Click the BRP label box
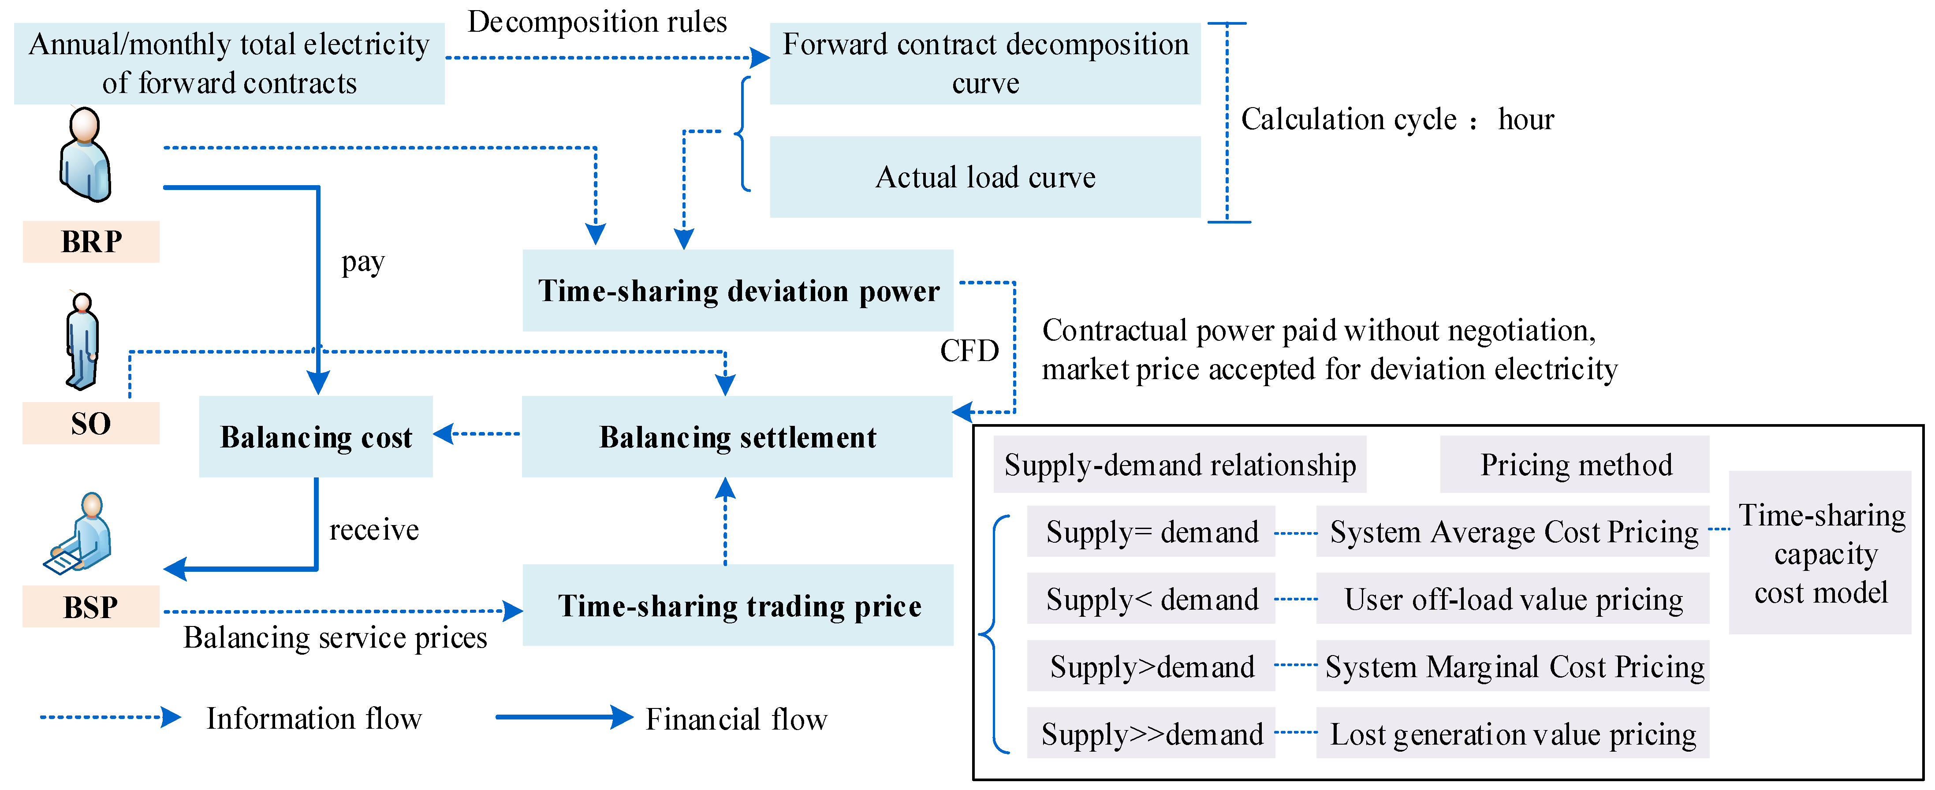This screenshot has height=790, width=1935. tap(91, 242)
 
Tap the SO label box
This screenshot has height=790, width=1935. tap(91, 424)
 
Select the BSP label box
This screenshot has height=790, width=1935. tap(91, 607)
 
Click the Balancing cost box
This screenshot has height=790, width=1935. tap(316, 437)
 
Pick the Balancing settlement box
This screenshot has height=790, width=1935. tap(737, 437)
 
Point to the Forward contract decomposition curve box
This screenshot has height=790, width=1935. tap(985, 63)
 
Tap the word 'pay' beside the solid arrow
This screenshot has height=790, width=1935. tap(363, 262)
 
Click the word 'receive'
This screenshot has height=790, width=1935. tap(374, 530)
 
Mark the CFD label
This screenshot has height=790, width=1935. tap(969, 350)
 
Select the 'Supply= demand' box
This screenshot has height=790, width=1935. tap(1151, 532)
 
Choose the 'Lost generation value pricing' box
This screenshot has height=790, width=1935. tap(1512, 734)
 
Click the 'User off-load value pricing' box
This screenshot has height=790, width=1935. tap(1512, 599)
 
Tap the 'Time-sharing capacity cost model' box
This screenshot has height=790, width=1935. tap(1820, 553)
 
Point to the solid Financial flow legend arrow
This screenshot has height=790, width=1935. tap(563, 717)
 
